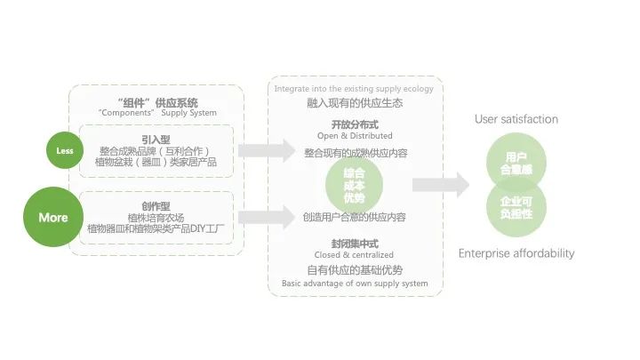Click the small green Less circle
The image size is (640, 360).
[x=65, y=150]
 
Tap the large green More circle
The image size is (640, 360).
[x=52, y=217]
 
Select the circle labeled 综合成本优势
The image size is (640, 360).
[x=354, y=185]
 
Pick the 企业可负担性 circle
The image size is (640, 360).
[x=516, y=208]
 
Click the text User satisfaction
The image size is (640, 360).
[x=516, y=119]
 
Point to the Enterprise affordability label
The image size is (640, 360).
[x=516, y=253]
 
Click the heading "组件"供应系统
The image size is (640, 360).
[x=157, y=101]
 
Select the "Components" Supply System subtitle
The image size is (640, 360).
[x=157, y=113]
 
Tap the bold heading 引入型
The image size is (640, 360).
[x=156, y=139]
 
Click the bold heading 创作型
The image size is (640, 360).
[x=156, y=205]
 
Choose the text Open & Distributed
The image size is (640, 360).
[x=355, y=136]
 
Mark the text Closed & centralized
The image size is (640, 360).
[x=355, y=255]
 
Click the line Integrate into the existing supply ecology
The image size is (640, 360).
[x=354, y=89]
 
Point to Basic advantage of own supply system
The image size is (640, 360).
[x=355, y=284]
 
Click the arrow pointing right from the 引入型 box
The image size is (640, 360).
[x=267, y=150]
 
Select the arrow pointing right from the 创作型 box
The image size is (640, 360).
[x=267, y=216]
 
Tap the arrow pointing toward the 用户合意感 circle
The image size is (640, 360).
[x=440, y=185]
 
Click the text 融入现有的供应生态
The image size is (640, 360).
[x=355, y=103]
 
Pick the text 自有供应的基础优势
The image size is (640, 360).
[x=355, y=269]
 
